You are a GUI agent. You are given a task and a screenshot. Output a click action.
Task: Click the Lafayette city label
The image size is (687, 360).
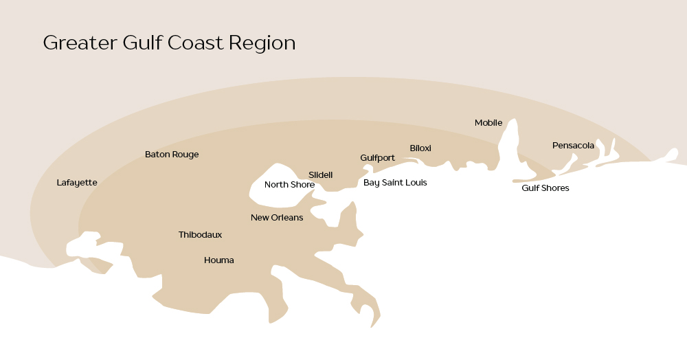(x=77, y=183)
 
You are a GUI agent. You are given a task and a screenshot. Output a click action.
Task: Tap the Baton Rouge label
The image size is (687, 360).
(x=172, y=155)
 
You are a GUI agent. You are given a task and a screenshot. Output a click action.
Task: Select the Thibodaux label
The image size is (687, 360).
(x=200, y=235)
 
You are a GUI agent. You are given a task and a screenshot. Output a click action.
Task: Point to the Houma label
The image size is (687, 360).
(x=219, y=260)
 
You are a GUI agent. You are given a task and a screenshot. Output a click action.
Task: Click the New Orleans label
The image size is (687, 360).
(x=277, y=218)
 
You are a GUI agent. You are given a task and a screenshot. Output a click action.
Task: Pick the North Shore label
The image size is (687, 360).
(x=289, y=185)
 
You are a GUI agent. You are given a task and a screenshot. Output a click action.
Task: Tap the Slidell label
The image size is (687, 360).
(x=320, y=175)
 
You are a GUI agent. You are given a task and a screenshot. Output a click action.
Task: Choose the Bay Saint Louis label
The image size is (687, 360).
(x=395, y=183)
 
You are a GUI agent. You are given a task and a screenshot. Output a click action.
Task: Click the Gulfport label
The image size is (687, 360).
(x=377, y=158)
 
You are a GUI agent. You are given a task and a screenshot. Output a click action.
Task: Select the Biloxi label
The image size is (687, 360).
(x=420, y=148)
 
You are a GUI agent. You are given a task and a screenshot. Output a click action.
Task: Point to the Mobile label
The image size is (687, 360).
(x=488, y=123)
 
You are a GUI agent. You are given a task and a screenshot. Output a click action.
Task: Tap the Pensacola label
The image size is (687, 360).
(x=573, y=146)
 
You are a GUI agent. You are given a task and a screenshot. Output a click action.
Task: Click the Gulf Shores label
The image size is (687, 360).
(x=545, y=188)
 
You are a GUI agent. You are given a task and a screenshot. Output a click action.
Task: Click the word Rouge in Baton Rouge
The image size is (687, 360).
(x=185, y=155)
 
